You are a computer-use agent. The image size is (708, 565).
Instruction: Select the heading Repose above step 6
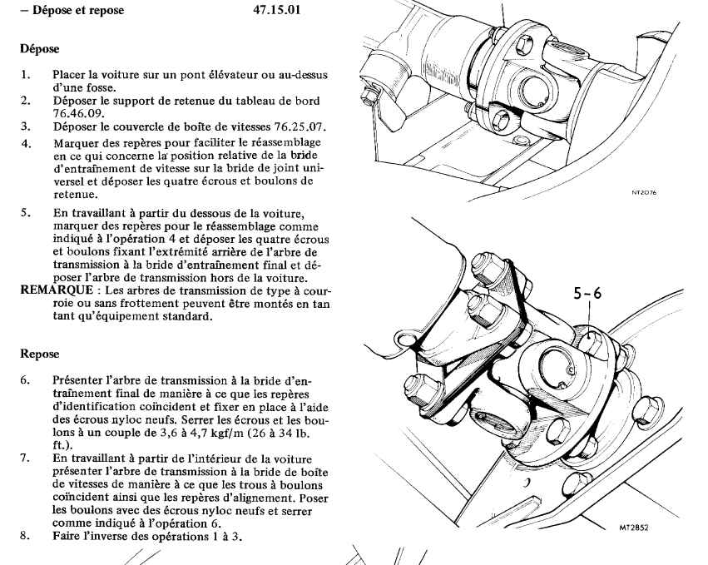click(x=39, y=353)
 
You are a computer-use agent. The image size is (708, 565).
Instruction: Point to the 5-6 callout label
click(x=587, y=293)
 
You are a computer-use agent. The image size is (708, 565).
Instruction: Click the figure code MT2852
click(x=635, y=527)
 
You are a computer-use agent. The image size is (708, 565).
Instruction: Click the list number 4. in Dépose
click(x=26, y=142)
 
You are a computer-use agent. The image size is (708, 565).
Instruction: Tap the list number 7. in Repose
click(x=26, y=458)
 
